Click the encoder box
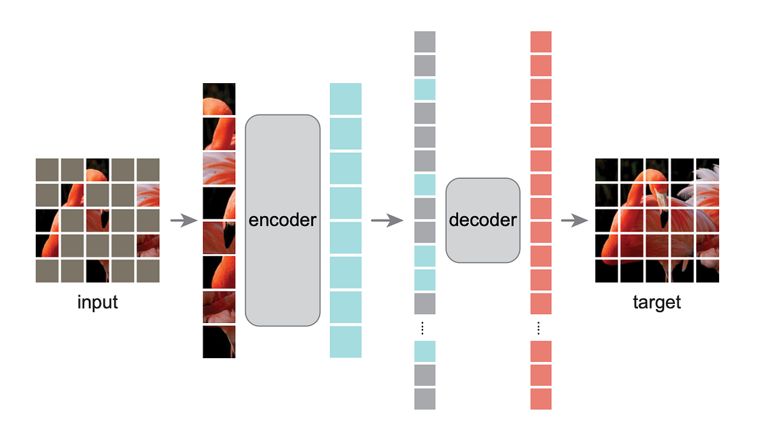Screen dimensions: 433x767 tap(282, 220)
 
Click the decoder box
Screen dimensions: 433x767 tap(483, 220)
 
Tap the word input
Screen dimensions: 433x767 tap(98, 302)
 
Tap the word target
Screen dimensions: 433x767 tap(656, 302)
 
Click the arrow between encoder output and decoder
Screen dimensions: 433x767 tap(387, 221)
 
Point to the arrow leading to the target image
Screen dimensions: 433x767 tap(574, 221)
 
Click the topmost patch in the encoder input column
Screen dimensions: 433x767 tap(219, 99)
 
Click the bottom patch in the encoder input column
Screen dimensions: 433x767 tap(219, 342)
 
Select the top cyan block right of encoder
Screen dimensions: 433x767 tap(345, 99)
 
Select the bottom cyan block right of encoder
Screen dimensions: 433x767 tap(345, 342)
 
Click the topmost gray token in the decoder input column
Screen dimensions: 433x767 tap(424, 42)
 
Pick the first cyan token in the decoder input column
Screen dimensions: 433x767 tap(424, 90)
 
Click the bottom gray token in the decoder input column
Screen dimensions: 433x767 tap(424, 398)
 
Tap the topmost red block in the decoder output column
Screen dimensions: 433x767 tap(541, 42)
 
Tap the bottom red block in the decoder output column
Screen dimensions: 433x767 tap(541, 398)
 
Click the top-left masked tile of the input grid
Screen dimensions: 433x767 tap(47, 169)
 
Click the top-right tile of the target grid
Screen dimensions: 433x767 tap(708, 169)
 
